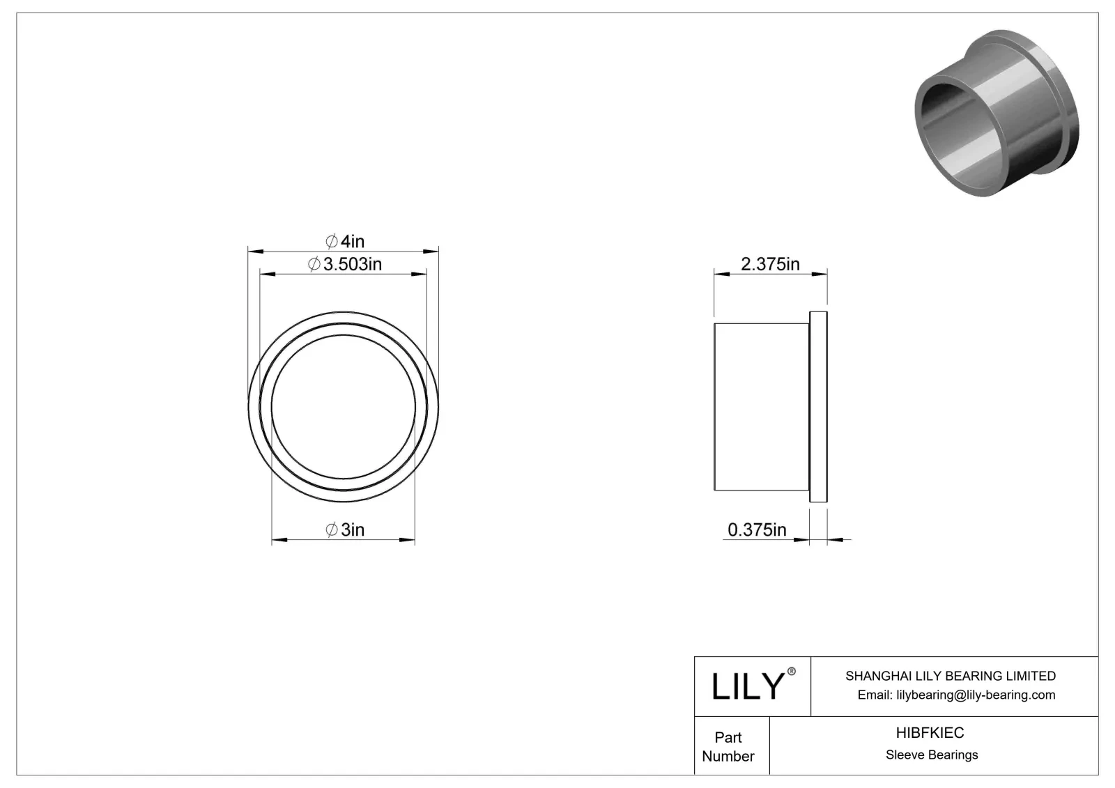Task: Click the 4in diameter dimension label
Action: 346,241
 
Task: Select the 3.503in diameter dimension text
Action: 345,264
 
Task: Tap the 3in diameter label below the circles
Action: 346,530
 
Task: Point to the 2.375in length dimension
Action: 770,264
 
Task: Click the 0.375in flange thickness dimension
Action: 757,530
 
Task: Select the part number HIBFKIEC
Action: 930,732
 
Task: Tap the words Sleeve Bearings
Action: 932,755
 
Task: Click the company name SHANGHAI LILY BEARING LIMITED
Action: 950,676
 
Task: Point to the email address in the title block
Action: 956,695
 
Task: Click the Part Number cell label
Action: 728,746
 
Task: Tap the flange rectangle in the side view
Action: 818,406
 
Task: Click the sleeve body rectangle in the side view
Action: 761,406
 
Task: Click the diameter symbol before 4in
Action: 332,241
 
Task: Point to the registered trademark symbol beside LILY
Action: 791,671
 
